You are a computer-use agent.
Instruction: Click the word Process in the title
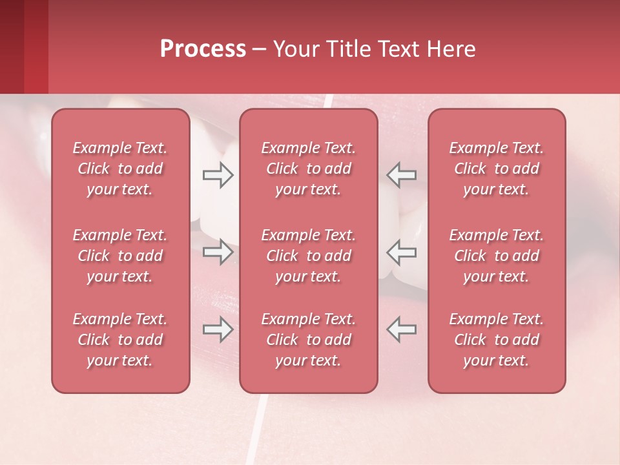click(x=203, y=49)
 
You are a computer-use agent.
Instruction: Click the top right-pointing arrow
click(x=218, y=175)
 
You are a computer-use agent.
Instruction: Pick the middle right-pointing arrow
click(x=218, y=252)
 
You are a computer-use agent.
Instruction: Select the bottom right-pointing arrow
click(x=218, y=329)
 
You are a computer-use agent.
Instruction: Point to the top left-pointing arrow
click(x=402, y=175)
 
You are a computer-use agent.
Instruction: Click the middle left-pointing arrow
click(x=402, y=252)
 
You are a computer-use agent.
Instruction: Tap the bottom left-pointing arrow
click(x=402, y=329)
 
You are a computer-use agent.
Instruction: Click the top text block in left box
click(x=120, y=169)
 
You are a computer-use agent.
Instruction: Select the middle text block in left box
click(x=120, y=256)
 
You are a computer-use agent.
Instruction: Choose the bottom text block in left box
click(x=120, y=340)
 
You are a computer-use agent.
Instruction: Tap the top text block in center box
click(x=309, y=169)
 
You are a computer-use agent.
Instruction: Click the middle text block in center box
click(x=309, y=256)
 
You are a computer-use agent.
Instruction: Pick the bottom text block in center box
click(x=309, y=340)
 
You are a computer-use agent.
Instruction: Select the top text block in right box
click(x=497, y=169)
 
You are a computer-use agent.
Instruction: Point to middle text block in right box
click(x=497, y=256)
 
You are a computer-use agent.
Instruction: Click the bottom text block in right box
click(x=497, y=340)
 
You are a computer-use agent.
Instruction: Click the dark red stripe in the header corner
click(x=12, y=46)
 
